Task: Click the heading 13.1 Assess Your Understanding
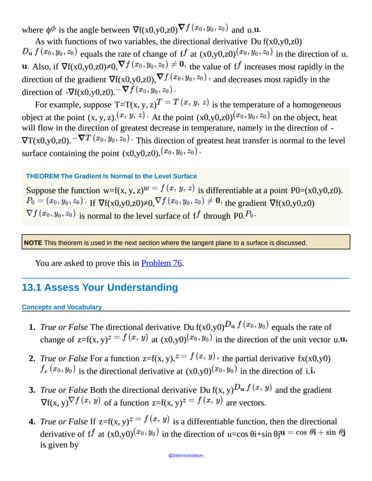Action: tap(99, 287)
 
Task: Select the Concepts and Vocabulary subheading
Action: tap(61, 307)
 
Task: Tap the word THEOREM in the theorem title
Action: tap(43, 176)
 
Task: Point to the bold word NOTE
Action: tap(33, 243)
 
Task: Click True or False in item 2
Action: tap(64, 359)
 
